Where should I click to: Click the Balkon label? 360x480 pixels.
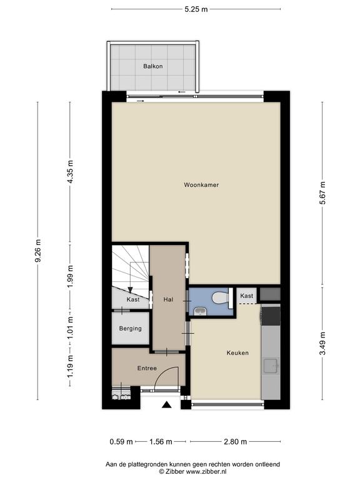152,66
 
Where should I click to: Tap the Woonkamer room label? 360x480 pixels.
201,185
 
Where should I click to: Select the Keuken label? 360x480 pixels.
237,353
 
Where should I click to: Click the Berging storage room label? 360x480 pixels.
131,329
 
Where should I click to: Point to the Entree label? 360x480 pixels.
147,368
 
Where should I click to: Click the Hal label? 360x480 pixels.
168,300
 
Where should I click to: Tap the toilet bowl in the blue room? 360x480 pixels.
220,297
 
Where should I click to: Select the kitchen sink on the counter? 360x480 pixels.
271,366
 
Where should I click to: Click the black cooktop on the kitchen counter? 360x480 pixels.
271,316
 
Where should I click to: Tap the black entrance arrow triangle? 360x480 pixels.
166,405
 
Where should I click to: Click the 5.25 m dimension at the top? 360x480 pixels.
196,9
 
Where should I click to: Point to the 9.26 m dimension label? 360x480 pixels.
38,251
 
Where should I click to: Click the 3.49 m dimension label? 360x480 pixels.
322,344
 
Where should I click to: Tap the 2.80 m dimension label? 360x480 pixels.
235,442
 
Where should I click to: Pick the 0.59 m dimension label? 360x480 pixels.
121,442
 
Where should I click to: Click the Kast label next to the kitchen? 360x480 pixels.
246,296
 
